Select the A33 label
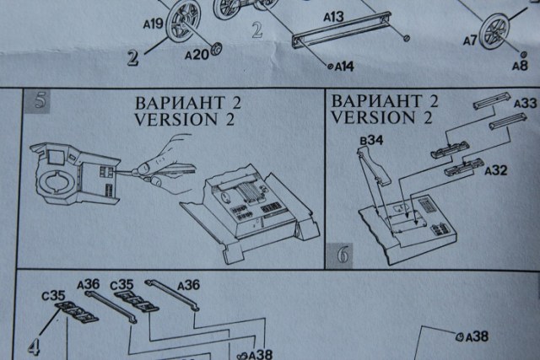pyautogui.click(x=524, y=104)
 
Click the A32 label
pyautogui.click(x=496, y=170)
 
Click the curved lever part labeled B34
pyautogui.click(x=371, y=169)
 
